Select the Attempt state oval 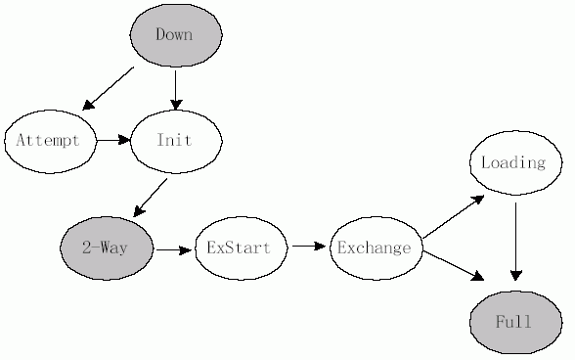point(49,140)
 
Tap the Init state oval point(176,140)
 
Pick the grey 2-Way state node point(107,248)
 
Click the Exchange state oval point(375,247)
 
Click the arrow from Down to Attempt point(109,88)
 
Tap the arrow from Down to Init point(176,88)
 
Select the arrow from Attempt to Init point(112,140)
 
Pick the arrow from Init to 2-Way point(151,197)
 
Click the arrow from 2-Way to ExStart point(173,249)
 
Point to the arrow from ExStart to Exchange point(308,246)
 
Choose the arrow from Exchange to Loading point(454,215)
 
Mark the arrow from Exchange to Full point(454,266)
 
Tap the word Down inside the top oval point(174,35)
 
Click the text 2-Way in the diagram point(105,248)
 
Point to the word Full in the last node point(513,321)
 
